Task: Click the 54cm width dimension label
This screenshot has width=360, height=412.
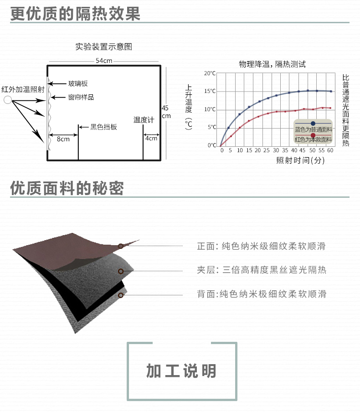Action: click(104, 61)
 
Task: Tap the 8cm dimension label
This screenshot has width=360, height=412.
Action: click(63, 139)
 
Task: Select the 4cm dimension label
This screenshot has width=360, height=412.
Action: click(151, 138)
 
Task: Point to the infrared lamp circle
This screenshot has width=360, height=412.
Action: click(8, 100)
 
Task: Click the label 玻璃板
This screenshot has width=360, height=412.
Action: click(78, 83)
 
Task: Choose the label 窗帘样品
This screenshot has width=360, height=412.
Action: click(81, 97)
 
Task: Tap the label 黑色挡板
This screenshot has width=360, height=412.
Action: click(103, 127)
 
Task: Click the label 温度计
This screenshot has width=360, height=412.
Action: click(144, 120)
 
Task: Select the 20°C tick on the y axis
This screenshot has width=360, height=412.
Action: click(210, 73)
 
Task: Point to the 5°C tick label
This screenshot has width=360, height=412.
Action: click(211, 127)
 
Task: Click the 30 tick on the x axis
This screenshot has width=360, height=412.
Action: click(276, 150)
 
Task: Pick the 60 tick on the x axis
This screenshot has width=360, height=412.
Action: click(330, 150)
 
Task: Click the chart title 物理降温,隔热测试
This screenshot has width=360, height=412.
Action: click(272, 64)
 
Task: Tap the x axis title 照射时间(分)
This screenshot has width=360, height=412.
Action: click(300, 160)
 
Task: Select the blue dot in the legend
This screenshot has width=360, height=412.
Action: click(313, 123)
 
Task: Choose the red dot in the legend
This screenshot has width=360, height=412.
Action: click(313, 135)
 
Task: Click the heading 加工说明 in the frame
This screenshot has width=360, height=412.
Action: click(181, 371)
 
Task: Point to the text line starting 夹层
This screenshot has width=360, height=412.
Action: click(262, 270)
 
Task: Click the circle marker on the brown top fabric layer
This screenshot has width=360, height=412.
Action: click(121, 246)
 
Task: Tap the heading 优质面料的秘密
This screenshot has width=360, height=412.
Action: click(67, 188)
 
